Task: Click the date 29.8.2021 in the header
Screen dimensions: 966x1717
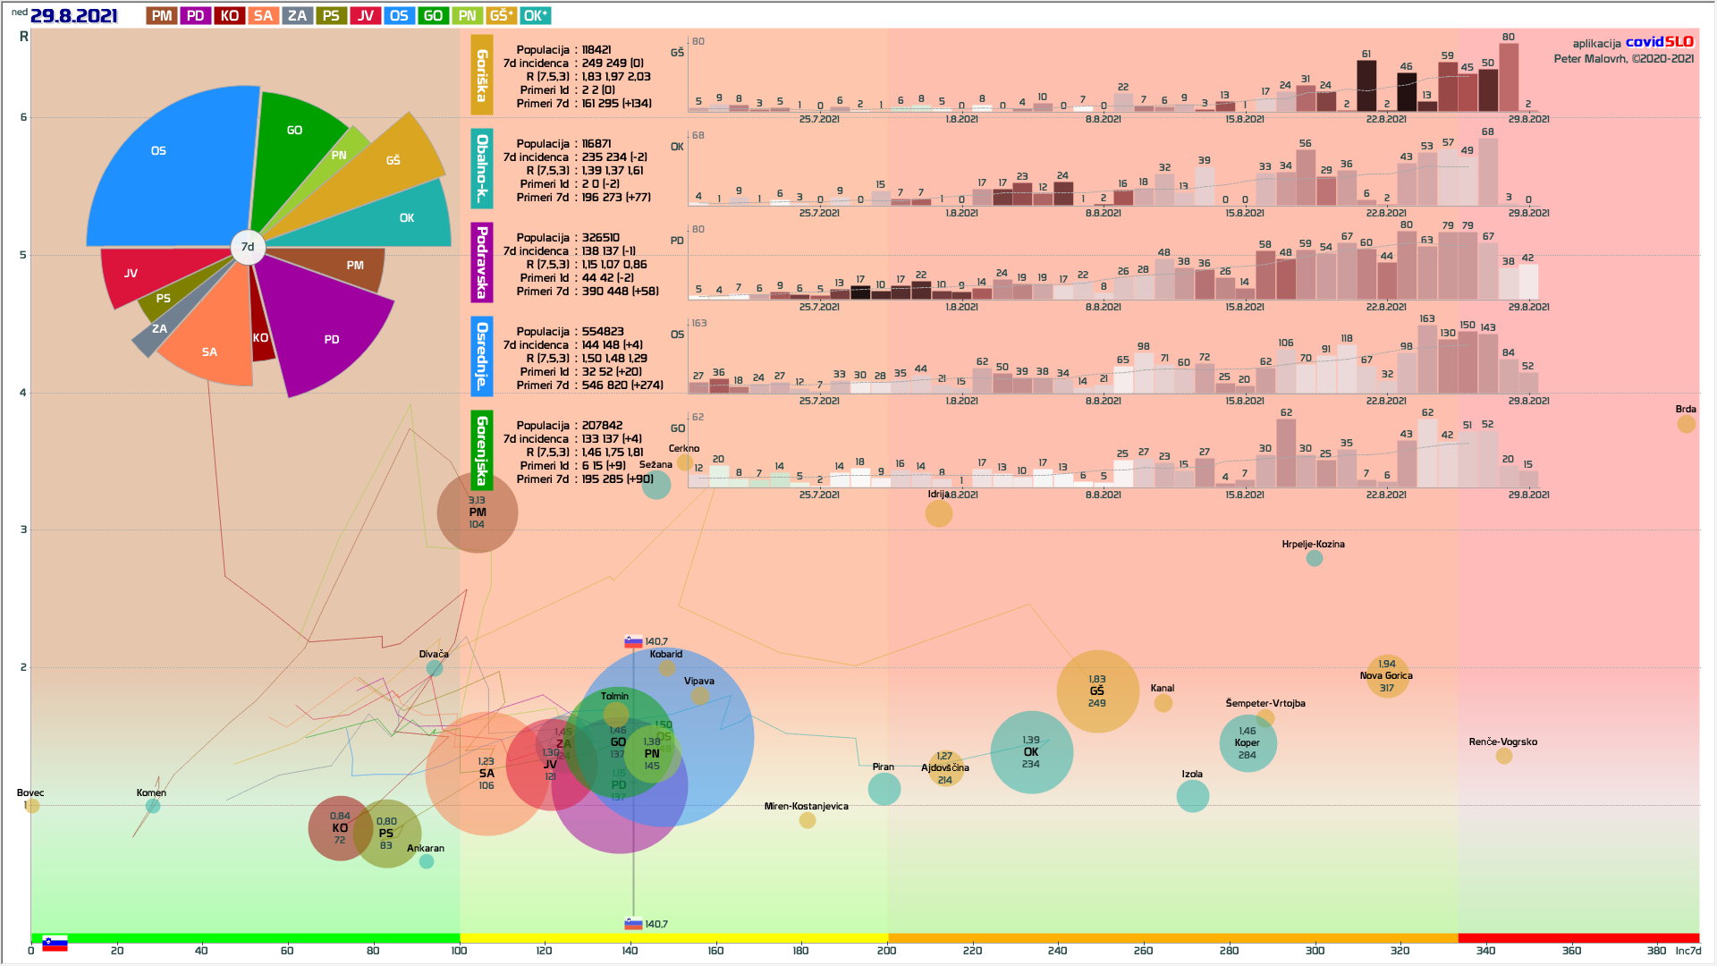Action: pos(73,16)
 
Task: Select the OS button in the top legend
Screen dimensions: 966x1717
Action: pos(399,16)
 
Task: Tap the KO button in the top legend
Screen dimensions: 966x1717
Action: pos(229,16)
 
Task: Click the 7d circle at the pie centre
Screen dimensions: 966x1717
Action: pos(248,247)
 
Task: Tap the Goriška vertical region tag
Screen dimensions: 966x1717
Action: pos(481,75)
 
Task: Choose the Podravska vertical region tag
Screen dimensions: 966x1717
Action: pos(481,262)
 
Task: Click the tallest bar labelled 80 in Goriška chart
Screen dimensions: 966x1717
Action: pos(1509,78)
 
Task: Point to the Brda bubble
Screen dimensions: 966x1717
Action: pos(1686,424)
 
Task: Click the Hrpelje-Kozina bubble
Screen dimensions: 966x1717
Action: pos(1314,558)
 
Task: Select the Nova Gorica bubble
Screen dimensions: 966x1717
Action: pos(1386,676)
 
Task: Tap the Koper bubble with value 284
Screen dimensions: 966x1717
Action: pos(1248,743)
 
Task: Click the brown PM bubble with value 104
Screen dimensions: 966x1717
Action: pos(478,513)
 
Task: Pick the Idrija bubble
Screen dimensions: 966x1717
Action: pos(938,513)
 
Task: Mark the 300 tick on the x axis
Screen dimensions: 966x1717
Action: pos(1315,951)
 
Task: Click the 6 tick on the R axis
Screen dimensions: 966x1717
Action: pos(23,117)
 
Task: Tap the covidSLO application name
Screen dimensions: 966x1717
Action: pos(1659,42)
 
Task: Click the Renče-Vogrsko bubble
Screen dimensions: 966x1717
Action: pos(1504,756)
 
